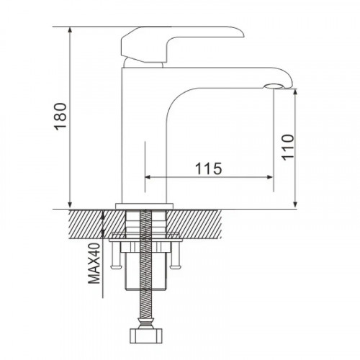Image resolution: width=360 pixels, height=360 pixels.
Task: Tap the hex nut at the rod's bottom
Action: [145, 336]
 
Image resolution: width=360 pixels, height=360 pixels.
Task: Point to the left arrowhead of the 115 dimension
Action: [148, 176]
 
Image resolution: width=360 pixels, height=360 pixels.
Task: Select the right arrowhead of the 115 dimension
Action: [272, 176]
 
